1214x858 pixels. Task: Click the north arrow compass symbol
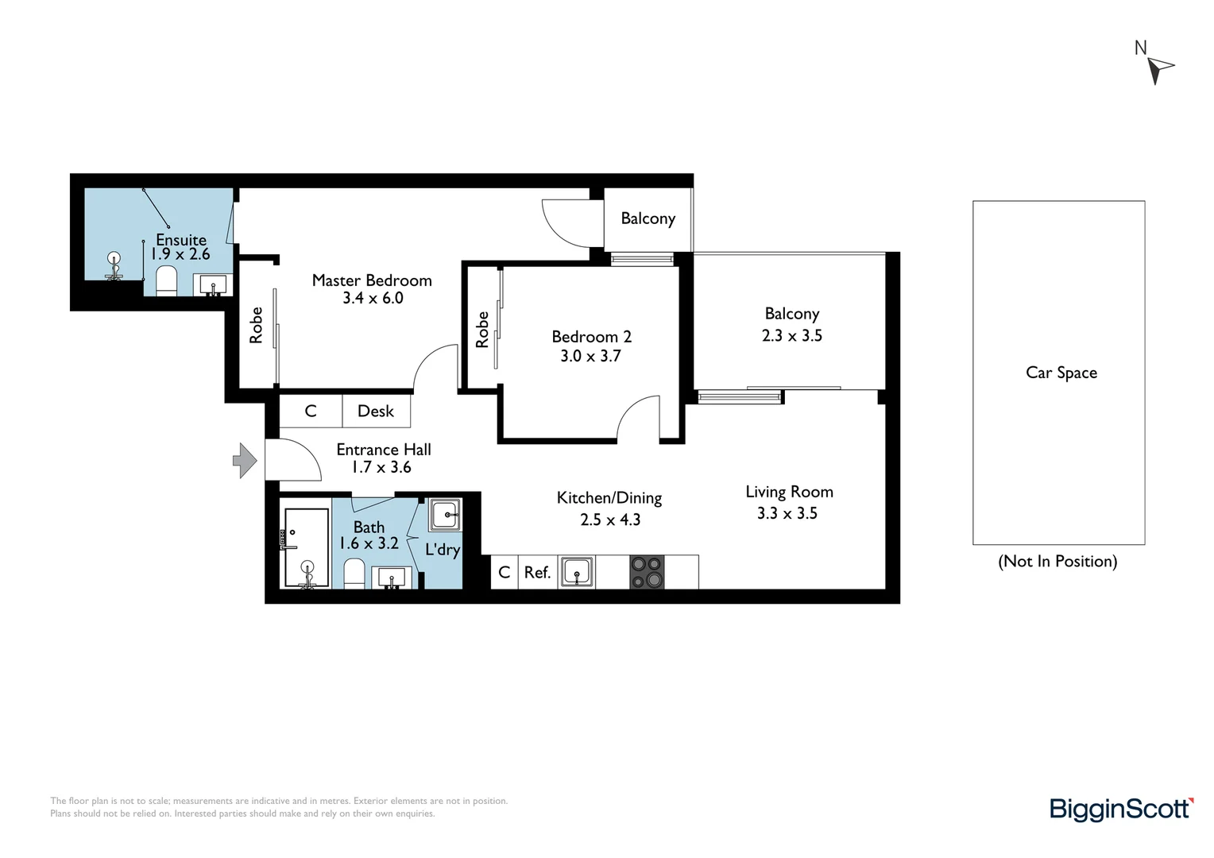pos(1159,68)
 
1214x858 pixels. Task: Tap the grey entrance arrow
pos(244,461)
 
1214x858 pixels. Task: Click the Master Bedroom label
pos(372,280)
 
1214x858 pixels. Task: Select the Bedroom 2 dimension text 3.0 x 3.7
pos(590,356)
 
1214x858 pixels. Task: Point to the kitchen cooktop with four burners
pos(647,572)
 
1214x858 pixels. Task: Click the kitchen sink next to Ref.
pos(576,571)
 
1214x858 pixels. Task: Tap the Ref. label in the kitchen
pos(537,573)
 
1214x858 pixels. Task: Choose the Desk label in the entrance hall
pos(376,411)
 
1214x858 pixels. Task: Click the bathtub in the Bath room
pos(307,548)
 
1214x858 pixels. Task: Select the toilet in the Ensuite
pos(166,280)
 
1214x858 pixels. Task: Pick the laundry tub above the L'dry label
pos(445,515)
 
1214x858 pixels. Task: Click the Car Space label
pos(1061,373)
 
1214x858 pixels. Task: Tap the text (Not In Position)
pos(1057,562)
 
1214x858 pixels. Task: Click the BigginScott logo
pos(1121,809)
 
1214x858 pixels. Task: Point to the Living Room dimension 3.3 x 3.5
pos(787,513)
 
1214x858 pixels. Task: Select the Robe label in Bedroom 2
pos(482,330)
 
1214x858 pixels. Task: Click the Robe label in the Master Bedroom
pos(256,326)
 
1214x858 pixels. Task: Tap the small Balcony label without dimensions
pos(648,218)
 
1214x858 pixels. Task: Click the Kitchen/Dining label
pos(609,498)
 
